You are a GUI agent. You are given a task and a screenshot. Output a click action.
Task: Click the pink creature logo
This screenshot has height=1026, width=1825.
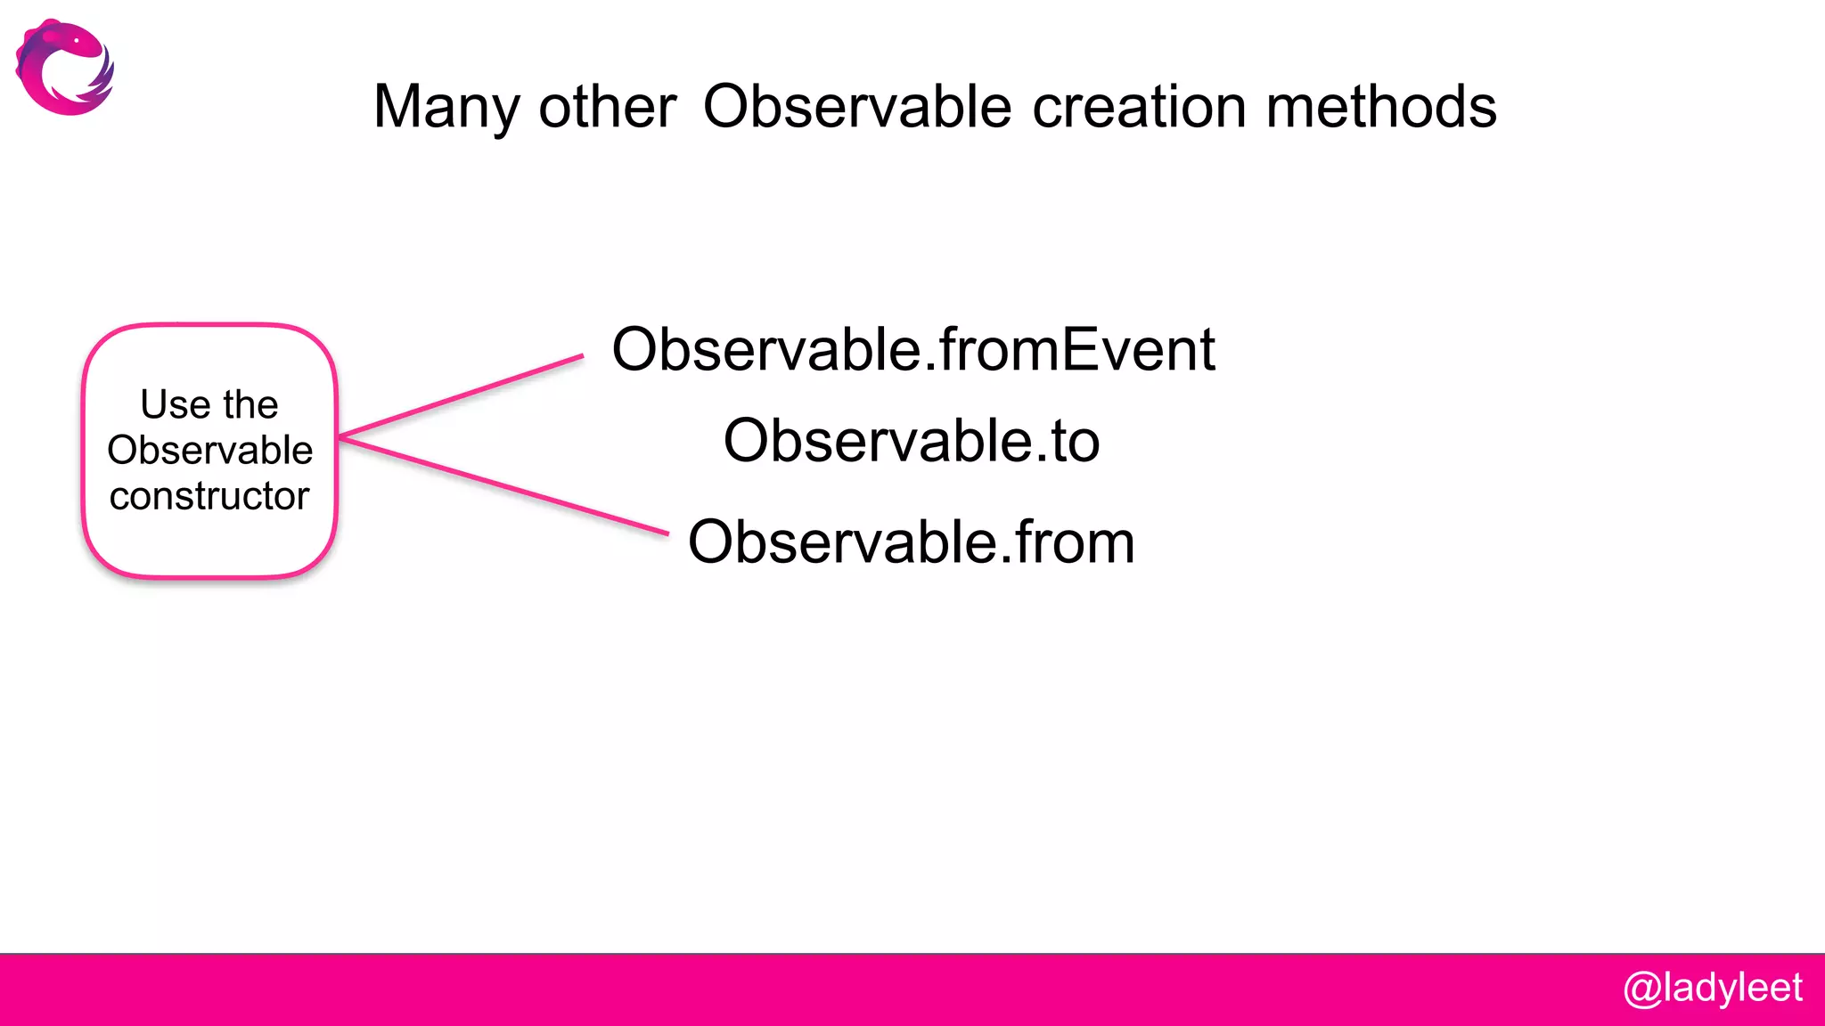click(x=64, y=68)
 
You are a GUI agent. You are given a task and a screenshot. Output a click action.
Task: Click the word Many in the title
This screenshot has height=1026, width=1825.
click(x=446, y=108)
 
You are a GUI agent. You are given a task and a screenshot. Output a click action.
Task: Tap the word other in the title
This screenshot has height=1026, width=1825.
click(x=607, y=107)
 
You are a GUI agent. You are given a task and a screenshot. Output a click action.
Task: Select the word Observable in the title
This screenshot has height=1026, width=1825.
click(x=856, y=107)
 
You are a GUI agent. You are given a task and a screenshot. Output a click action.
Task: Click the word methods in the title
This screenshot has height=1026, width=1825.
click(x=1380, y=107)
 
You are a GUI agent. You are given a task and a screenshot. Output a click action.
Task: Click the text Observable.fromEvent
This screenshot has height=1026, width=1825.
click(x=912, y=349)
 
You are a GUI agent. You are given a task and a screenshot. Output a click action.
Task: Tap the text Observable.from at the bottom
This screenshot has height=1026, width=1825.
click(x=911, y=541)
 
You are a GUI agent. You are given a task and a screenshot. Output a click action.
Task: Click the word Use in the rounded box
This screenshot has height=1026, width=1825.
click(x=175, y=404)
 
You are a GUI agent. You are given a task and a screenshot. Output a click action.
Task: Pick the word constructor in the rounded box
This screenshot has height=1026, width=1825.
click(x=209, y=496)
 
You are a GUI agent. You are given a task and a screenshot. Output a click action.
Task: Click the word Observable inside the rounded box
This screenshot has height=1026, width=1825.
click(x=209, y=450)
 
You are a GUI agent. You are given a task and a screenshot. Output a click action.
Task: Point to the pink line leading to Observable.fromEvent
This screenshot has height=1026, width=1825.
click(x=463, y=395)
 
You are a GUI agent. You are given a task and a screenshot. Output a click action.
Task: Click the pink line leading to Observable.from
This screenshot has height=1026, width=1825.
click(x=504, y=485)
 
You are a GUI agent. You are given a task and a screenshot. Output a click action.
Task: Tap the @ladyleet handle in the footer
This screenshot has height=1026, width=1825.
click(x=1712, y=989)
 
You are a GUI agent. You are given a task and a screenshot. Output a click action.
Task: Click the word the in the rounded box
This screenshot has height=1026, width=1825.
click(x=250, y=404)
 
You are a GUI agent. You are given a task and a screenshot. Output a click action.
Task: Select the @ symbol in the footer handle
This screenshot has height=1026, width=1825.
click(x=1641, y=989)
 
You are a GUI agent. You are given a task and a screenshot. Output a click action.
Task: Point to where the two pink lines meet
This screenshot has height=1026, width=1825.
click(x=342, y=436)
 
